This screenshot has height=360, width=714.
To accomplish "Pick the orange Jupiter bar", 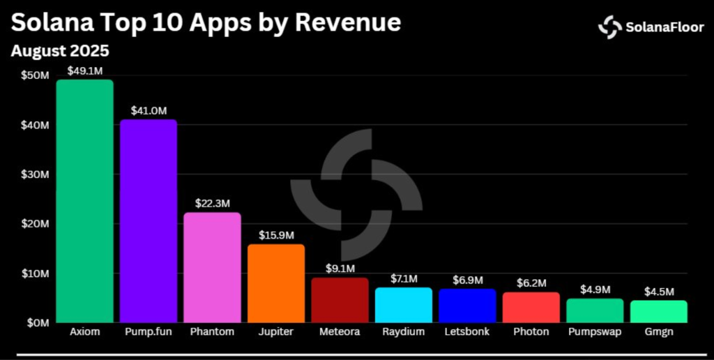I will [276, 283].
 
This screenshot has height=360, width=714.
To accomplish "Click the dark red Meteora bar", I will [340, 300].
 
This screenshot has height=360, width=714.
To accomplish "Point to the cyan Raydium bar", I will [403, 305].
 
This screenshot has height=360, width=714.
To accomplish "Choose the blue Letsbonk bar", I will [467, 306].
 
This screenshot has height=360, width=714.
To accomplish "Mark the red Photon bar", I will [531, 307].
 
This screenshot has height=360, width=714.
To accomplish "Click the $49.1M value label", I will [84, 70].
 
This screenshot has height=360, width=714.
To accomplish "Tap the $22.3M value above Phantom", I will [212, 203].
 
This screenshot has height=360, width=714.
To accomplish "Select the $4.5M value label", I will [658, 292].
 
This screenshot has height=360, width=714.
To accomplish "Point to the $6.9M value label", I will [467, 279].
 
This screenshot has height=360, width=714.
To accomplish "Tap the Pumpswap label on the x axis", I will [595, 332].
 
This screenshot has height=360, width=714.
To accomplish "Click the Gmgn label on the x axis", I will [658, 332].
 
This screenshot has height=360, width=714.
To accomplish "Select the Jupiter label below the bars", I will [276, 332].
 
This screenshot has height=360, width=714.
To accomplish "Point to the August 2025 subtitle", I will [60, 51].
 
